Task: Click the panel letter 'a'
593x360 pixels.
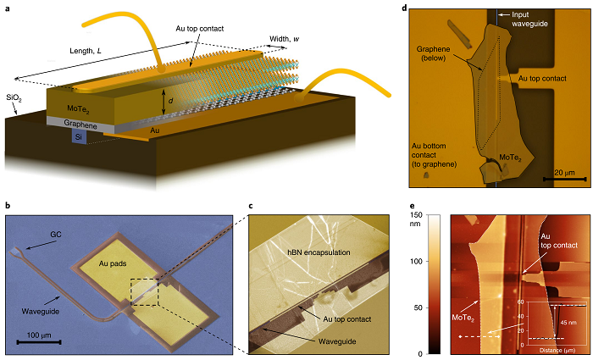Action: click(x=8, y=8)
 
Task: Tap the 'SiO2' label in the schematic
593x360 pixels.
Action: click(x=15, y=98)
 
